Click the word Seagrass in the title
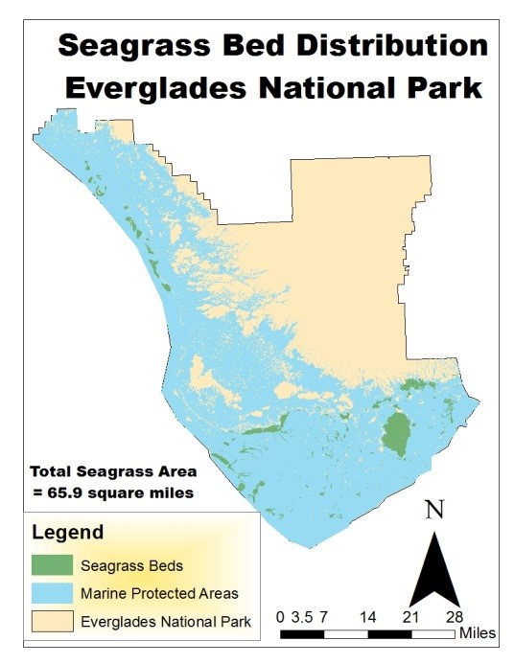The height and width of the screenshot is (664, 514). (x=125, y=45)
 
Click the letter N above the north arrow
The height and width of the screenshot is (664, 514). (x=434, y=510)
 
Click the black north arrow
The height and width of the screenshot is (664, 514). (x=434, y=571)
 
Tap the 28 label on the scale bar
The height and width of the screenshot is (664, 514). (x=454, y=616)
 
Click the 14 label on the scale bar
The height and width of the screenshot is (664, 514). (x=366, y=616)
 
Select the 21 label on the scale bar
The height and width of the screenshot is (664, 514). (x=410, y=616)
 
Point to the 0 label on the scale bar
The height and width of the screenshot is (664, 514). (x=279, y=616)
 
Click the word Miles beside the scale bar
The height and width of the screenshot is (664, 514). (x=478, y=633)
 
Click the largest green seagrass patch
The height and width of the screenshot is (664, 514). (x=394, y=432)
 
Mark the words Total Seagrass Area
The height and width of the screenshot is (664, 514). (x=113, y=471)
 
